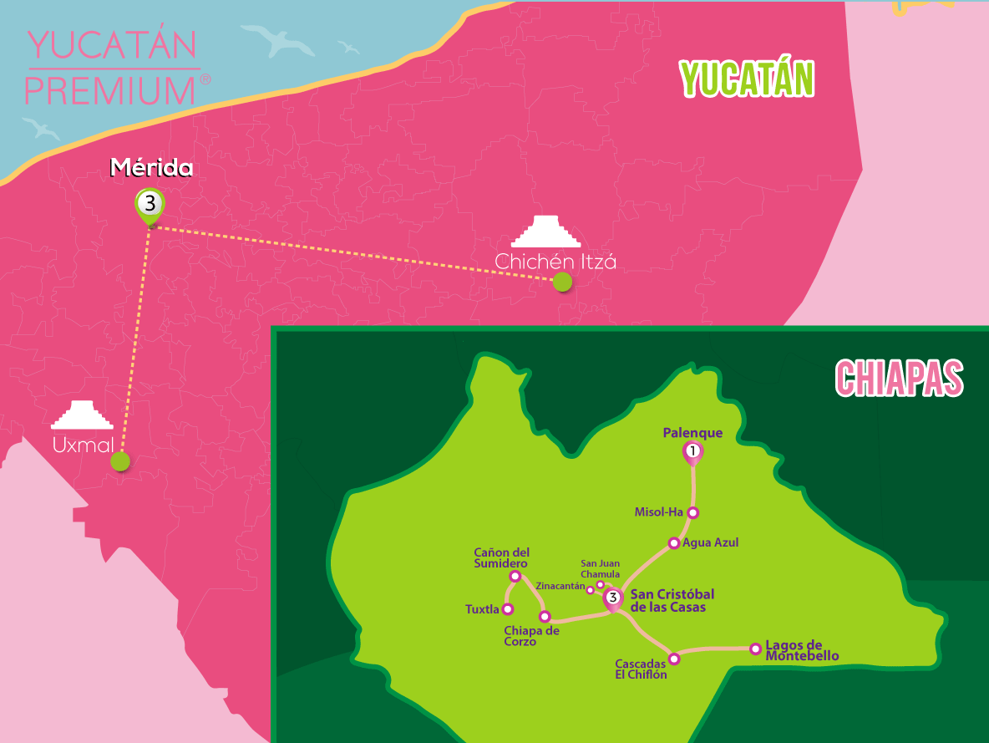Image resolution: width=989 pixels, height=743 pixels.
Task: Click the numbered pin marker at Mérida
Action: (x=150, y=203)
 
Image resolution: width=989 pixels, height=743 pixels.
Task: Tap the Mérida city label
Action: (x=152, y=169)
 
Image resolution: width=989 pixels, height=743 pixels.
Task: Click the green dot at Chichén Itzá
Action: (x=562, y=282)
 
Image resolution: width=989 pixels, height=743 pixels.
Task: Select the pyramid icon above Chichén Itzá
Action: (x=545, y=232)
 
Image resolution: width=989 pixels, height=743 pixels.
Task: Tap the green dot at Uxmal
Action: (x=120, y=461)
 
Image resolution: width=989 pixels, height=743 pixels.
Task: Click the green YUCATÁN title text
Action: (x=747, y=80)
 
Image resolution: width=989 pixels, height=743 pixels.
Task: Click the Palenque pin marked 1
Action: (x=692, y=452)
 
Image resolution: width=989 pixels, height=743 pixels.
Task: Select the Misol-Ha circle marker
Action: (x=692, y=512)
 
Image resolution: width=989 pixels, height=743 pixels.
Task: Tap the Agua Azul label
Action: (x=711, y=542)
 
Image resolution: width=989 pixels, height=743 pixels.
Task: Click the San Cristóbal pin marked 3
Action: (x=613, y=598)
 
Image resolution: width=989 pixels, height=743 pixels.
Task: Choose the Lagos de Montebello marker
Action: (x=755, y=648)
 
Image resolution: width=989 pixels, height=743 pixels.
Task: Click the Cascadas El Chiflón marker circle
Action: (x=675, y=659)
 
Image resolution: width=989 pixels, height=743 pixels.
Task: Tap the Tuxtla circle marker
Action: (x=507, y=609)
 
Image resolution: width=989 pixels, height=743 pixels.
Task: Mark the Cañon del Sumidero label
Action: (x=501, y=558)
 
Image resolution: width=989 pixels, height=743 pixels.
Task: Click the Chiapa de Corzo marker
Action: (x=545, y=617)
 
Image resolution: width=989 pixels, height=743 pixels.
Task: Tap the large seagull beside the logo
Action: (x=277, y=41)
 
